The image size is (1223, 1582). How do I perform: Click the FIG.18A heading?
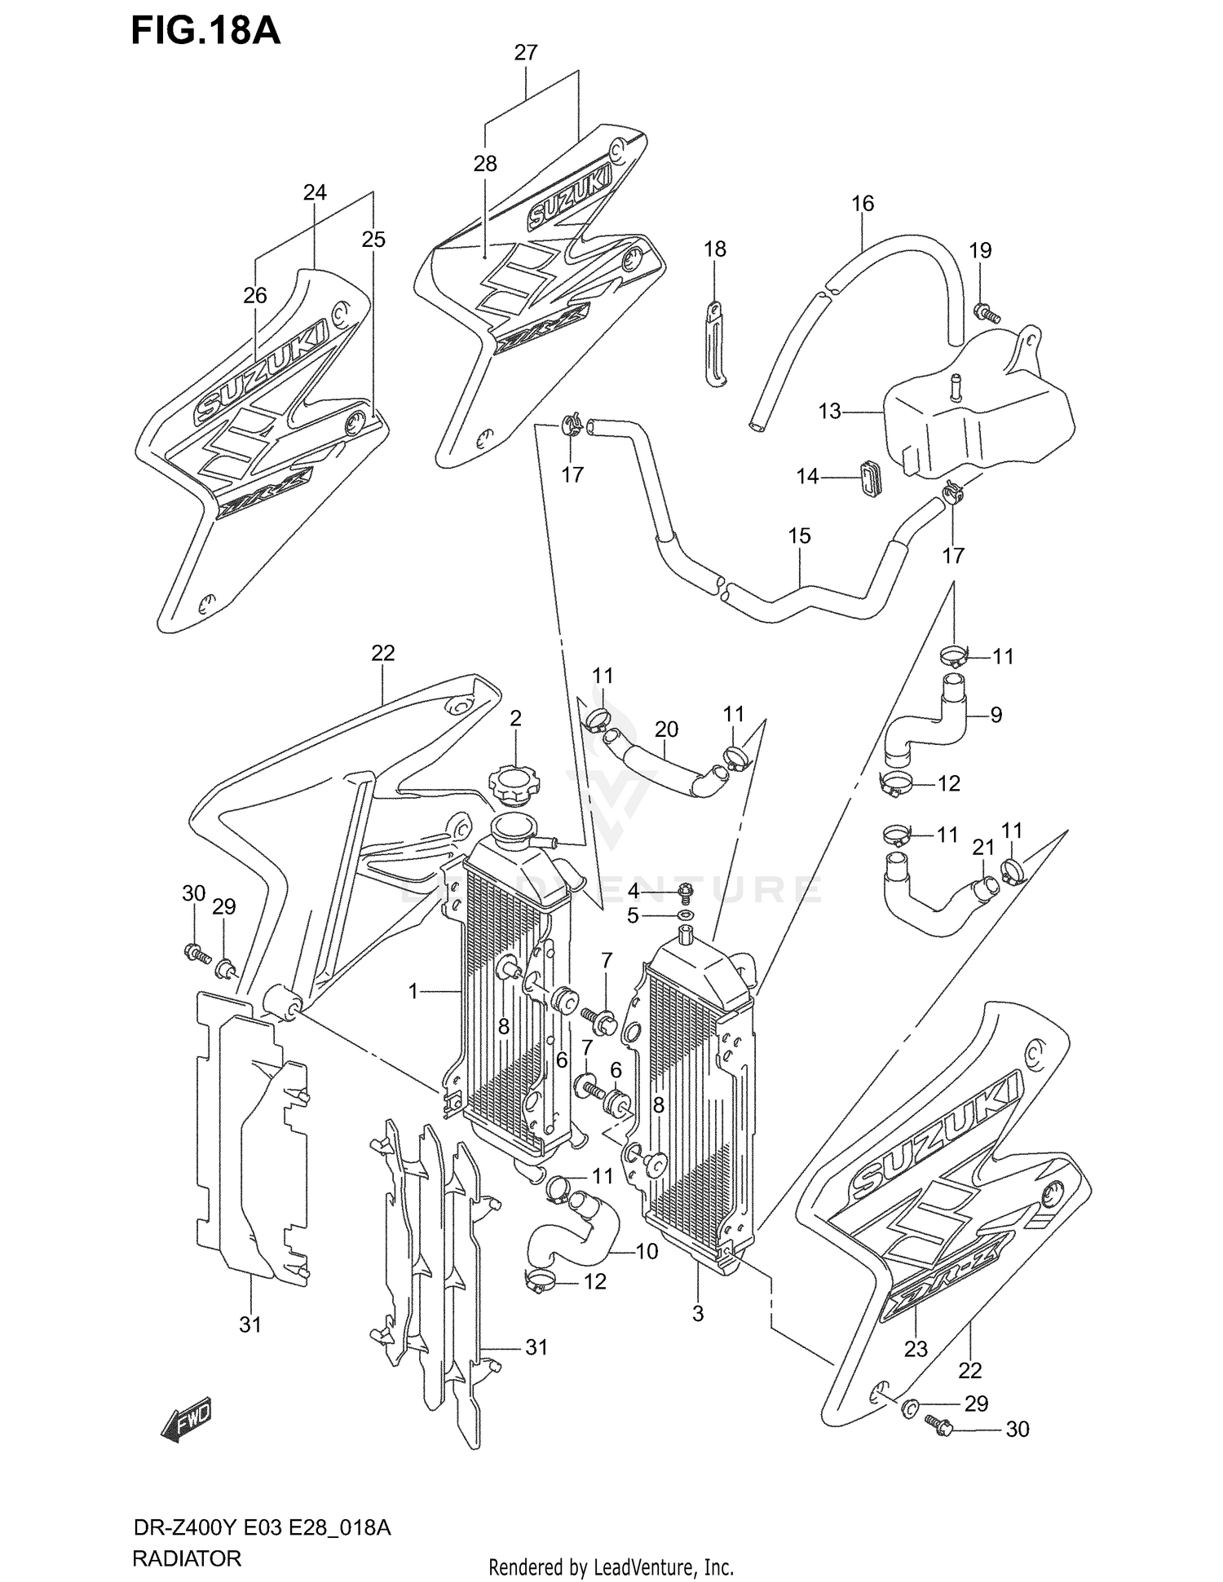[x=205, y=31]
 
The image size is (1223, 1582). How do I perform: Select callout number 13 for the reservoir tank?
[x=829, y=412]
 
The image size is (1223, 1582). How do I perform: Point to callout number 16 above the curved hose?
[x=863, y=203]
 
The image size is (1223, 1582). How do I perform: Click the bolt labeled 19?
[x=987, y=312]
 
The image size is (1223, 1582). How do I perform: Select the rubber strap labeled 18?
[x=714, y=342]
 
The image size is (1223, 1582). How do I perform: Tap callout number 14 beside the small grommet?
[x=807, y=476]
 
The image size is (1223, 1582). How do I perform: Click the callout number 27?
[x=526, y=53]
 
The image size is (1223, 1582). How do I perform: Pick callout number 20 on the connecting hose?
[x=666, y=729]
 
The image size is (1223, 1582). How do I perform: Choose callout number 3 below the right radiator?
[x=697, y=1314]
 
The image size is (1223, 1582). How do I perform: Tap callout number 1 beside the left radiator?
[x=413, y=991]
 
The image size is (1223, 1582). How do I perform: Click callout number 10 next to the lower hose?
[x=646, y=1251]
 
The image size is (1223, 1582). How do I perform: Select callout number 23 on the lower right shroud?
[x=916, y=1349]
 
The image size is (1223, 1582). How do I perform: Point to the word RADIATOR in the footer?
[x=186, y=1559]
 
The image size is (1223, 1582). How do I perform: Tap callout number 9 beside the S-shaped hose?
[x=996, y=715]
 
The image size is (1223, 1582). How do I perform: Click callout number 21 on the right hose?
[x=983, y=848]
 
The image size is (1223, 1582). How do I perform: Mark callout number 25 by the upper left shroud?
[x=373, y=240]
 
